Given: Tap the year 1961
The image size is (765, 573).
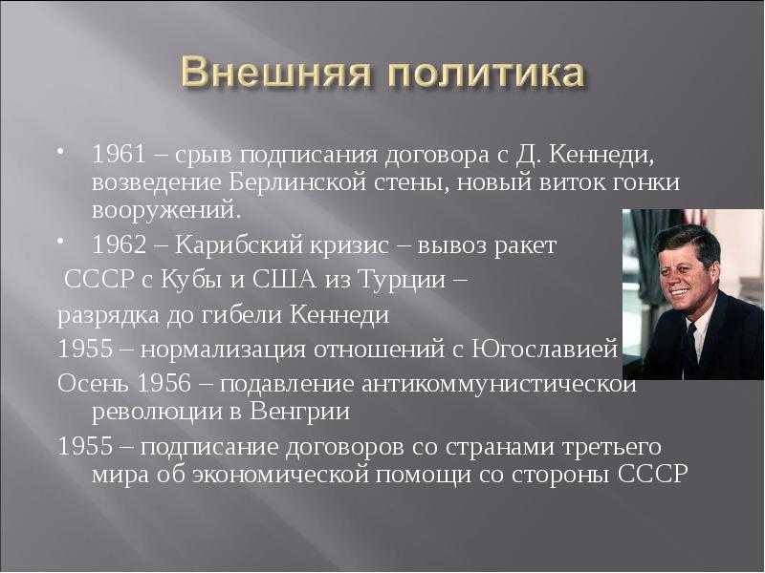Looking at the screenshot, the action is click(119, 156).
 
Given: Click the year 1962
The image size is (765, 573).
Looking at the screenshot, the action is click(119, 245).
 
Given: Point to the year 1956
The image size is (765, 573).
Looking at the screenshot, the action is click(164, 384).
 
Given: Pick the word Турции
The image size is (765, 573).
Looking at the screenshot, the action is click(402, 281).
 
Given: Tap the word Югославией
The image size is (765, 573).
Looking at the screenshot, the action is click(545, 350).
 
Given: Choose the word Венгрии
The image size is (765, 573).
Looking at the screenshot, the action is click(300, 413).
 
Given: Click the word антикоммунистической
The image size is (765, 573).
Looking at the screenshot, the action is click(499, 385).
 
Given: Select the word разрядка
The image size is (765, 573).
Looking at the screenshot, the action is click(108, 316).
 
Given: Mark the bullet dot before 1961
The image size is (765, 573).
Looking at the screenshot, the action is click(59, 152).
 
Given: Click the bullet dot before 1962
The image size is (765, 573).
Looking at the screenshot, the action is click(59, 242).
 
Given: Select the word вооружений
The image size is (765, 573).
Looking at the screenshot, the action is click(166, 211).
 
